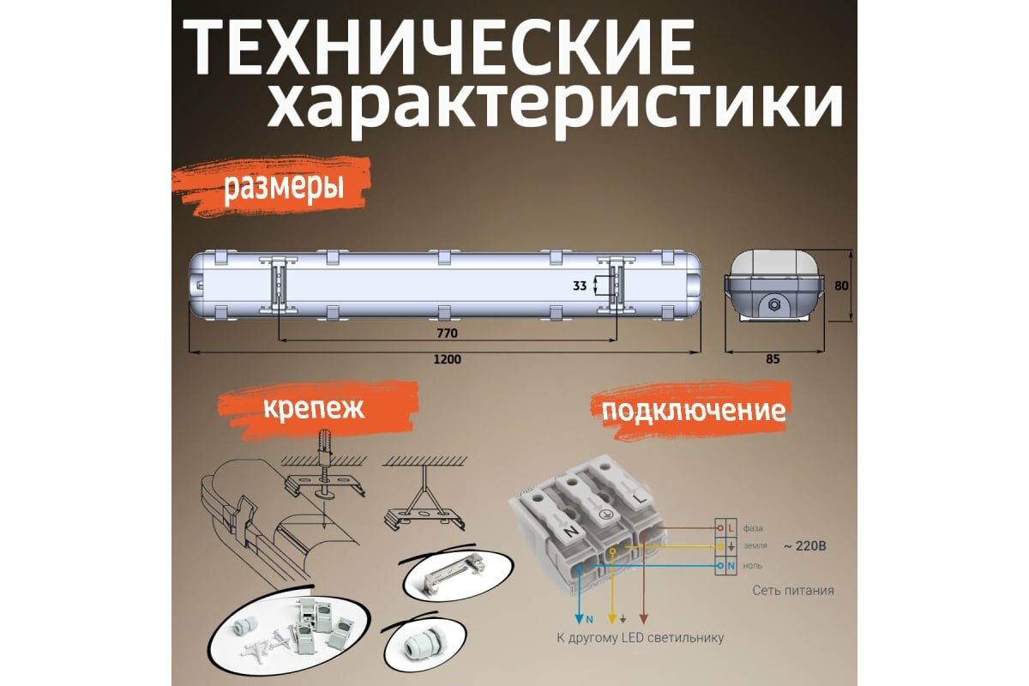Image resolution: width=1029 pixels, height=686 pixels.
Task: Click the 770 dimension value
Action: click(x=447, y=332)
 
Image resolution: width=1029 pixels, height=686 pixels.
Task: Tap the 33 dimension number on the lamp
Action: click(x=581, y=286)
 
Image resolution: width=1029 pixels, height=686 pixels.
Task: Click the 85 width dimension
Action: click(x=772, y=360)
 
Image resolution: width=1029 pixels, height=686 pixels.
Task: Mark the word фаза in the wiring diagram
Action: click(x=754, y=528)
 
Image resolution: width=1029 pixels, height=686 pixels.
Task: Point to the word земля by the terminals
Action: click(x=755, y=547)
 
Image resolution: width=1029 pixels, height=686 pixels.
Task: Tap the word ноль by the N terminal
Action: click(x=753, y=566)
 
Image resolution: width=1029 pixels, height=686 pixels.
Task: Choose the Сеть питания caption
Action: click(x=792, y=591)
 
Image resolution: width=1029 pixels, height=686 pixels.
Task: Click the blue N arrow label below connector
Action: click(x=588, y=617)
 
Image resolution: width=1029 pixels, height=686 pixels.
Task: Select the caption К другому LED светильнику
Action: click(x=635, y=638)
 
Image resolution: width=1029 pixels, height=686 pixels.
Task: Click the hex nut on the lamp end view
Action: click(x=773, y=304)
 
